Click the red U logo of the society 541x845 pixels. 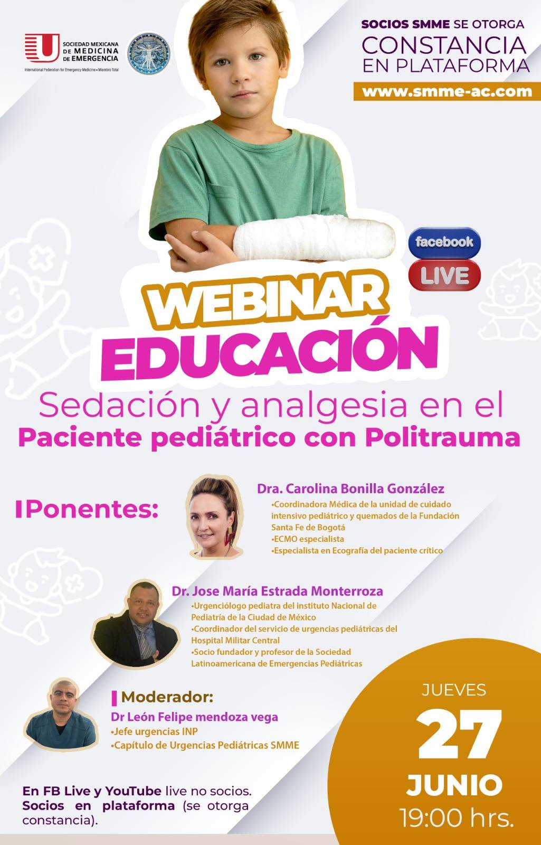pyautogui.click(x=42, y=48)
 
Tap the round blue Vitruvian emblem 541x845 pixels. pyautogui.click(x=148, y=53)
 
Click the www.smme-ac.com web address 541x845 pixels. pyautogui.click(x=447, y=92)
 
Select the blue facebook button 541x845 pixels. pyautogui.click(x=444, y=242)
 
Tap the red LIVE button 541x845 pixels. pyautogui.click(x=444, y=275)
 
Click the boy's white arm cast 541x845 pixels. pyautogui.click(x=314, y=238)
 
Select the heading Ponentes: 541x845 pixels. pyautogui.click(x=87, y=509)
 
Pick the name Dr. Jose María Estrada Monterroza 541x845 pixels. pyautogui.click(x=277, y=591)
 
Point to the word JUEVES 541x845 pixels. pyautogui.click(x=454, y=690)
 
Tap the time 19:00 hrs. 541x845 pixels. pyautogui.click(x=457, y=819)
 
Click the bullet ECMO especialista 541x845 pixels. pyautogui.click(x=308, y=539)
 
